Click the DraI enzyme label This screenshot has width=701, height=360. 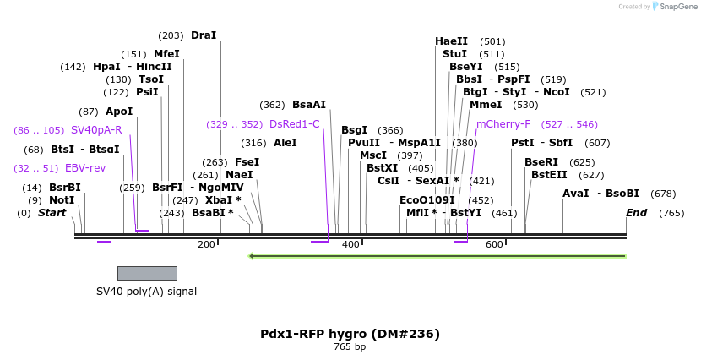tap(204, 35)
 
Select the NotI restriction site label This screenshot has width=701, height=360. tap(62, 200)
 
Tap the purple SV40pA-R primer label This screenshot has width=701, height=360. tap(96, 130)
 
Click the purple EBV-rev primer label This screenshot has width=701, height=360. tap(85, 168)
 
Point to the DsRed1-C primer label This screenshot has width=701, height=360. tap(295, 124)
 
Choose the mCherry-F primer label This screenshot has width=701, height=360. tap(503, 124)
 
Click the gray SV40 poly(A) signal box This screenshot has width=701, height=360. tap(147, 273)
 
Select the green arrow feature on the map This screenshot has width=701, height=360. tap(437, 255)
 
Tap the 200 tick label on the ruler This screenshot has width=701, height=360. tap(206, 244)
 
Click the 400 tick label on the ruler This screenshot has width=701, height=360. tap(350, 244)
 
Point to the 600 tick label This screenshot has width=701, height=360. tap(494, 244)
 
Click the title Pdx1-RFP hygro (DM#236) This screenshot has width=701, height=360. tap(350, 334)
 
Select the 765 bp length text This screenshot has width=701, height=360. tap(350, 346)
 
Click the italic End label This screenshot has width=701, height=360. tap(637, 213)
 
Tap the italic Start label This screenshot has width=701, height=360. tap(52, 213)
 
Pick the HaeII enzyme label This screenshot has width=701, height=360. tap(451, 41)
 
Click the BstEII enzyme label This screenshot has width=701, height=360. tap(549, 175)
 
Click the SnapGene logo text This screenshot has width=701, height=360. tap(674, 7)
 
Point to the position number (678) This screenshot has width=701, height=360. tap(663, 194)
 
